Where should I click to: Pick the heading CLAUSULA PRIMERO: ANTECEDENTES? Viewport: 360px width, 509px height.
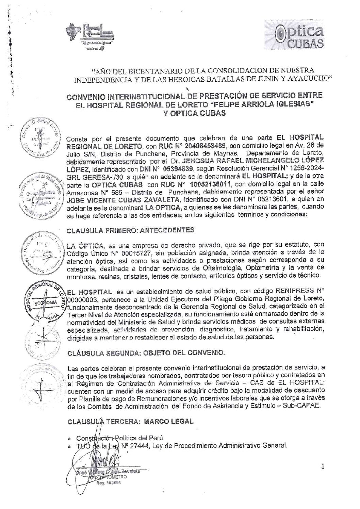click(131, 230)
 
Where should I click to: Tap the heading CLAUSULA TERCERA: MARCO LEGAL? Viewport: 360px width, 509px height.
click(131, 421)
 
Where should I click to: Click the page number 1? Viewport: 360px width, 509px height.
click(322, 467)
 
